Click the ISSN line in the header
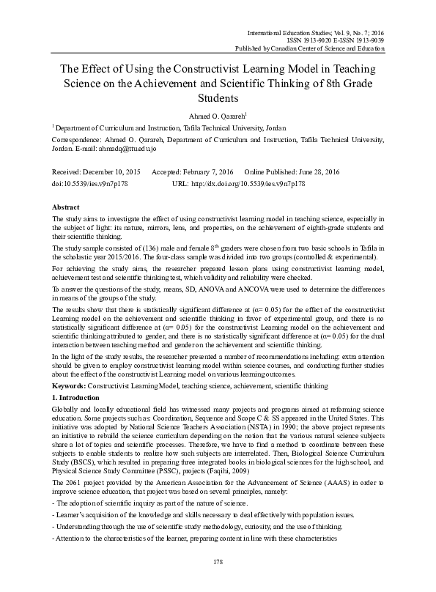pyautogui.click(x=334, y=40)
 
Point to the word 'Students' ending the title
pyautogui.click(x=218, y=97)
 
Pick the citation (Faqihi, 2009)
pyautogui.click(x=270, y=470)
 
